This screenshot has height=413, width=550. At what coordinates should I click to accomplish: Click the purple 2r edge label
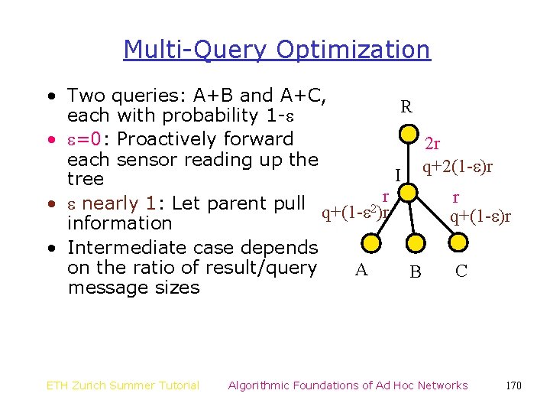432,145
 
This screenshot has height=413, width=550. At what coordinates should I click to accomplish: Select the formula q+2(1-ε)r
458,167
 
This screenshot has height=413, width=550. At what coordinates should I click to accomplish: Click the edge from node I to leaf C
435,215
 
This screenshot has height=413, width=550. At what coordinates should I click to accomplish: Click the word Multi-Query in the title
195,50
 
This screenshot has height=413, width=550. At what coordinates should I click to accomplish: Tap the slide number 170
513,385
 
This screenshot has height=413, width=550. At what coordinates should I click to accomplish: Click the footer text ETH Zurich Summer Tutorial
123,385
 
